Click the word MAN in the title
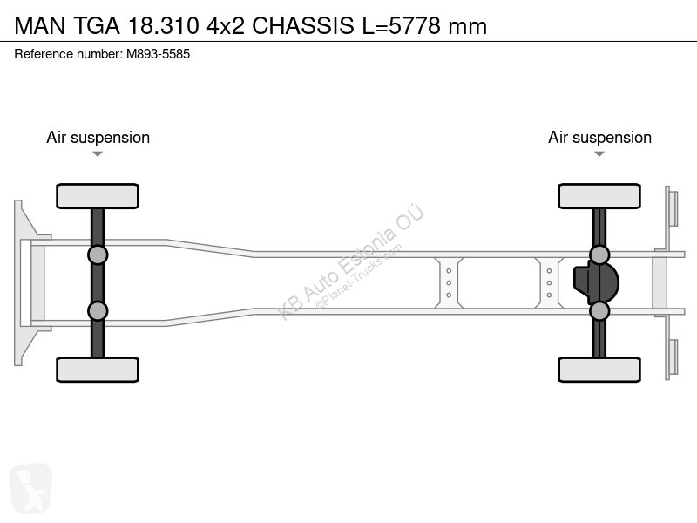[40, 25]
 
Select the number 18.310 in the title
[164, 25]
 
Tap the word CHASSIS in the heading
[303, 25]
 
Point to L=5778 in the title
[402, 25]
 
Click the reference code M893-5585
[159, 54]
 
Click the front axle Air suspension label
[98, 138]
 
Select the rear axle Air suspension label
[599, 138]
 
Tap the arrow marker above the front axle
[98, 154]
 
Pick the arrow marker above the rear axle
[599, 154]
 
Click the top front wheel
[98, 196]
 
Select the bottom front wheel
[98, 370]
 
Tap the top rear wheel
[599, 196]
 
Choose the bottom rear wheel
[599, 370]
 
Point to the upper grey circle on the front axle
[98, 255]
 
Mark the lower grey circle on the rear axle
[599, 311]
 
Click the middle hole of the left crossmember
[449, 282]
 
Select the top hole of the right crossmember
[549, 271]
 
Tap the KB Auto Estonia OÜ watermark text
[350, 262]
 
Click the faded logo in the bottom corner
[30, 487]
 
